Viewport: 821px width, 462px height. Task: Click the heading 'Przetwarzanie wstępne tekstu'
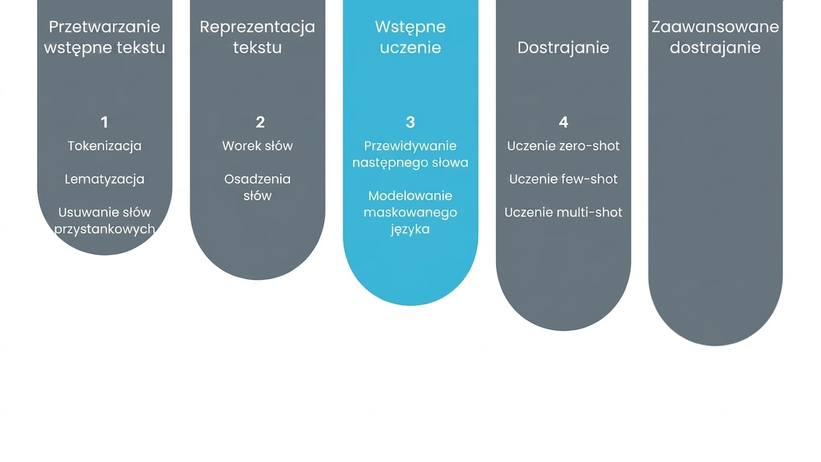pos(105,37)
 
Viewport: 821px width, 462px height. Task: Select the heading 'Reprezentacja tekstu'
pos(257,37)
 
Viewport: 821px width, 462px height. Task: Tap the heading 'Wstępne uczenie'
pos(410,37)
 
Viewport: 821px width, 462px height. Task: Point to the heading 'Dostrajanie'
pos(564,48)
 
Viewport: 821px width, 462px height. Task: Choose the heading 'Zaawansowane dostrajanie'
pos(715,37)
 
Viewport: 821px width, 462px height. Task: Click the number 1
pos(105,123)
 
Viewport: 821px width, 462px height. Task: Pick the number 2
pos(260,123)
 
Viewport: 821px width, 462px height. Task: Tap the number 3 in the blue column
pos(410,123)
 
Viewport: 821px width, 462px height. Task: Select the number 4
pos(564,123)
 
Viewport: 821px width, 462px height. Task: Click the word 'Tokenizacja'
pos(105,146)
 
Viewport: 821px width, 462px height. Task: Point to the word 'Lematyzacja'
pos(105,179)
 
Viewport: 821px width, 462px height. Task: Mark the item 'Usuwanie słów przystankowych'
pos(105,221)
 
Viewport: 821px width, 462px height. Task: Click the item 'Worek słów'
pos(257,146)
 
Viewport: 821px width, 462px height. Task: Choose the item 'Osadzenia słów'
pos(257,187)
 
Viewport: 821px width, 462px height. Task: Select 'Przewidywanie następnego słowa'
pos(410,155)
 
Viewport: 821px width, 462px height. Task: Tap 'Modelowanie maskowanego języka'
pos(410,213)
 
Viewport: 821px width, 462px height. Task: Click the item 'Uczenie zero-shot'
pos(564,146)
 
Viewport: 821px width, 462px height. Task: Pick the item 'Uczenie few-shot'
pos(564,179)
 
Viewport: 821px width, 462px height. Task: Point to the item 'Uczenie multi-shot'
pos(564,213)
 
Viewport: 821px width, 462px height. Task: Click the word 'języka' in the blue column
pos(410,230)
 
